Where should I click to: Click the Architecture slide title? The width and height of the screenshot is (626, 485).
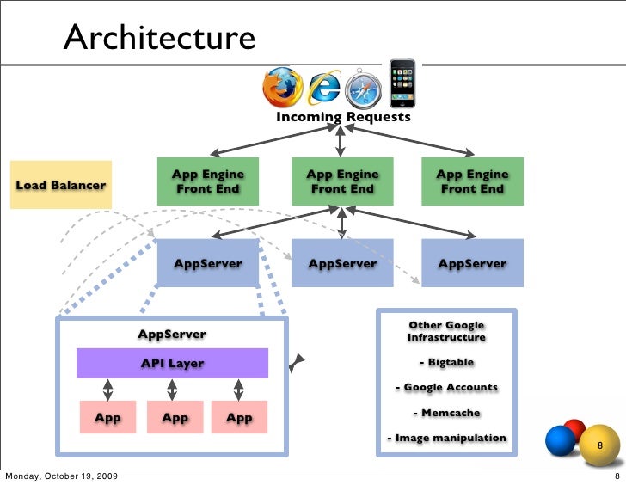[159, 38]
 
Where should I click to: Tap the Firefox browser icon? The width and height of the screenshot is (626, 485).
[283, 86]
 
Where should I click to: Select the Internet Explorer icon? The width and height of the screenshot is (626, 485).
[325, 88]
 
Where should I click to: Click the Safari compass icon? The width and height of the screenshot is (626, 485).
[362, 89]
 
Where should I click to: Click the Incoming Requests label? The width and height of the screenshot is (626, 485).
[343, 117]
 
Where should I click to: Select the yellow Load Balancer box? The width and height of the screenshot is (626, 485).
[61, 185]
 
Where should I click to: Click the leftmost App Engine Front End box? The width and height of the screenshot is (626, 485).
[207, 181]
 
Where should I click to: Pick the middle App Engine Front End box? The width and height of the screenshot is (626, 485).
[342, 181]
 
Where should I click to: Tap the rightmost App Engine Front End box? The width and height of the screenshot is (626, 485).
[472, 181]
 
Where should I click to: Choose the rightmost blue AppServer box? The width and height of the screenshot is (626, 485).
[472, 263]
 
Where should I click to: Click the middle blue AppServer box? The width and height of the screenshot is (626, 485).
[342, 263]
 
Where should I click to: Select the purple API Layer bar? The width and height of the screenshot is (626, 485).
[173, 363]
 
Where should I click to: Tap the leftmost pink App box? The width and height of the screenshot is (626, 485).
[107, 418]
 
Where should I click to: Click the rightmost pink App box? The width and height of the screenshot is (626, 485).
[238, 418]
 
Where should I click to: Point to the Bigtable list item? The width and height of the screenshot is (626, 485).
[446, 362]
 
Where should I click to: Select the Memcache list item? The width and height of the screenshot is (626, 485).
[446, 413]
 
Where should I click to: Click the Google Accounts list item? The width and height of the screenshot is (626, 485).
[446, 387]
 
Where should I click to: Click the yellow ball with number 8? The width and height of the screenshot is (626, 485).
[600, 446]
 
